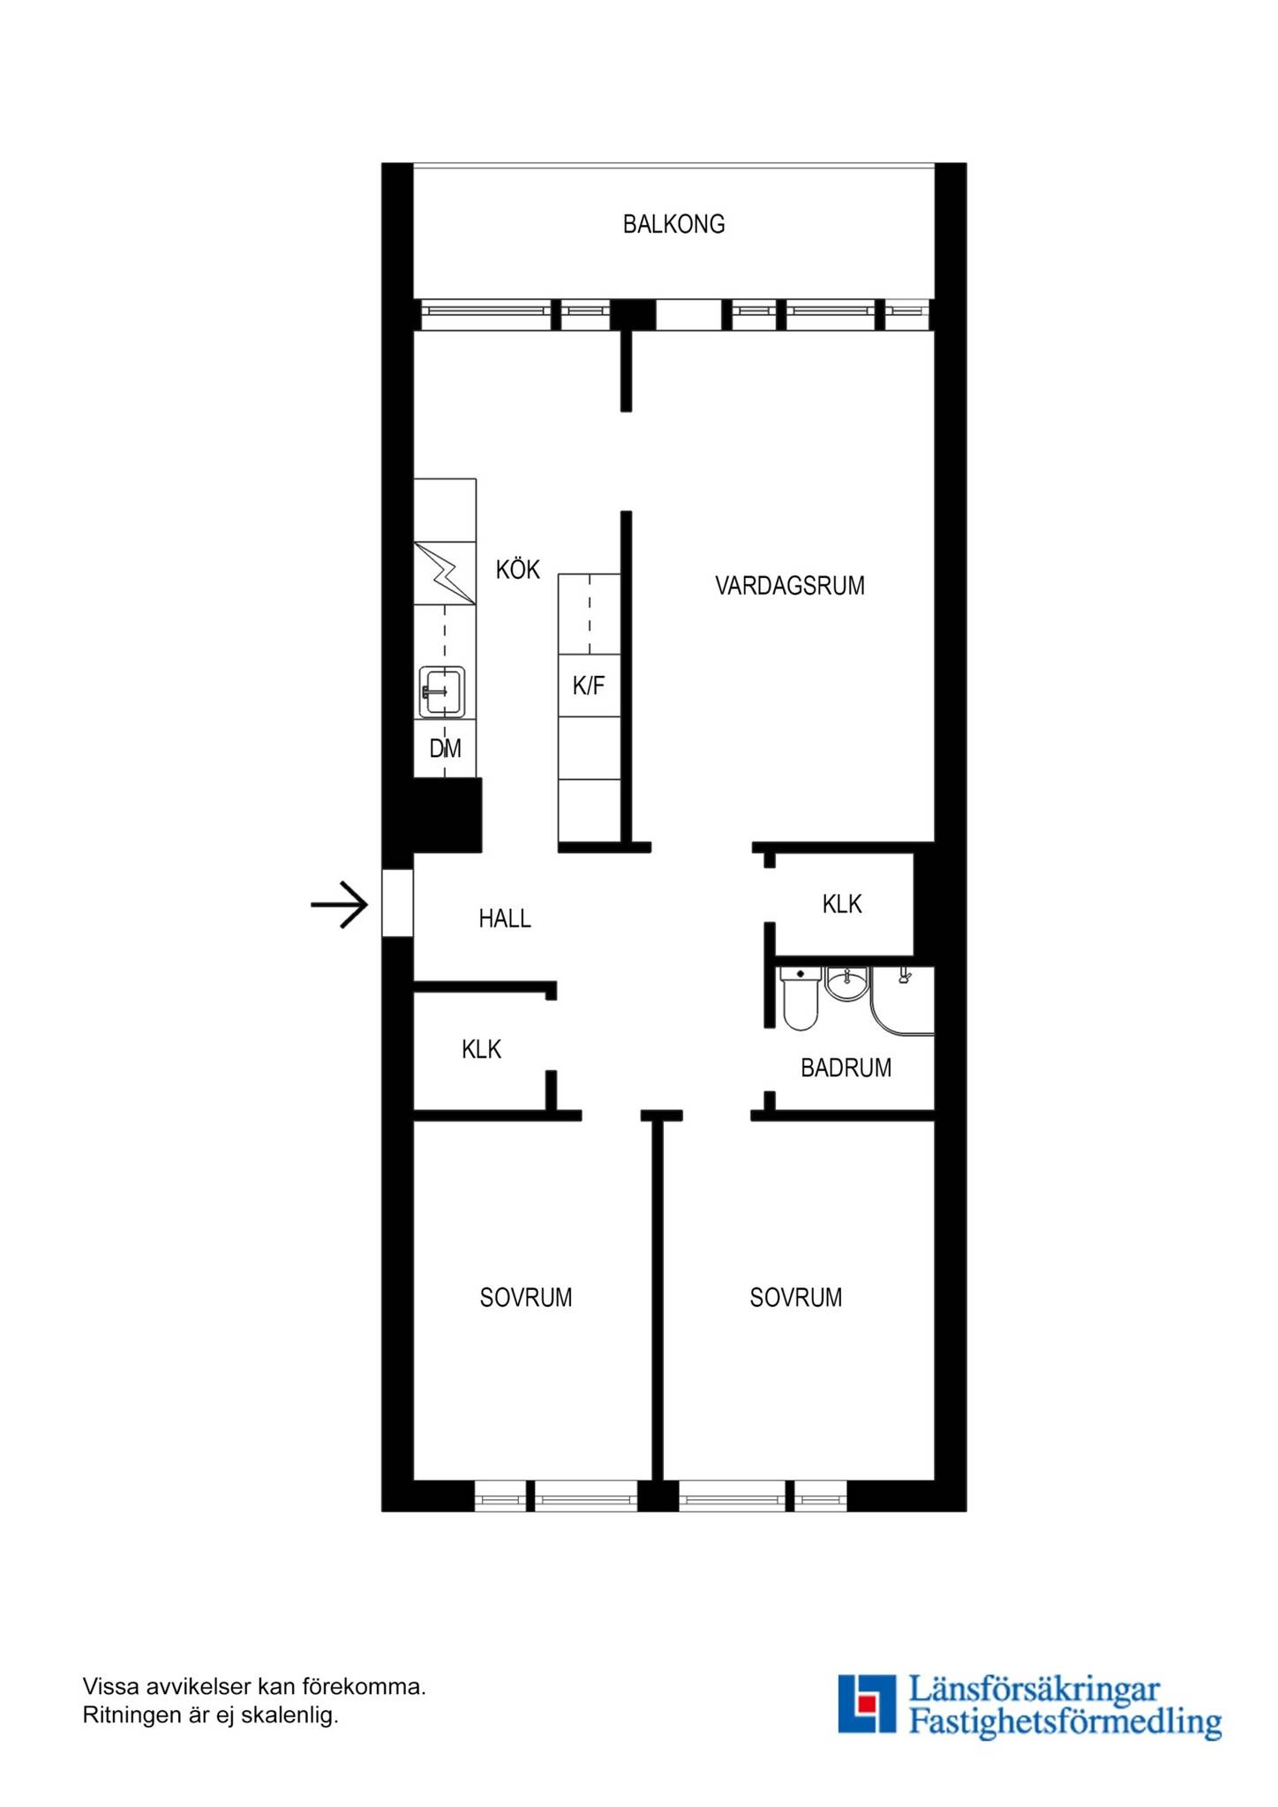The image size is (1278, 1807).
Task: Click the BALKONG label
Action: coord(673,224)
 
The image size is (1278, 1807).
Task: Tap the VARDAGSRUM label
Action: coord(790,586)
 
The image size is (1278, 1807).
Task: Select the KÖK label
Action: coord(517,569)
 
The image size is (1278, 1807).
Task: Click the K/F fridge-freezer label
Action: coord(589,686)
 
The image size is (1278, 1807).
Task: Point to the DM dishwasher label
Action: coord(445,749)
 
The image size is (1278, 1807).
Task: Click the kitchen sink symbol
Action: coord(442,692)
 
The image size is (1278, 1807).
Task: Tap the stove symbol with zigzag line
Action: coord(445,574)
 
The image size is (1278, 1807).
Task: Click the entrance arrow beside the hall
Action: coord(339,904)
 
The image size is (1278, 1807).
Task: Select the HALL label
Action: coord(505,919)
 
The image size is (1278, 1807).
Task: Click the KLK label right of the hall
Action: coord(842,904)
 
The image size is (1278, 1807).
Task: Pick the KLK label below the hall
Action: coord(481,1049)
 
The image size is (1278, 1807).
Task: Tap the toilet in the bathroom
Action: coord(801,998)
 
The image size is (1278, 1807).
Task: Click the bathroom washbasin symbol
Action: coord(846,984)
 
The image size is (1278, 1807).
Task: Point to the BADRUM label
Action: coord(846,1068)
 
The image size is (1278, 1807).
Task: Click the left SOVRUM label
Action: coord(526,1298)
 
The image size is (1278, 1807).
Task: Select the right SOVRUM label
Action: coord(796,1298)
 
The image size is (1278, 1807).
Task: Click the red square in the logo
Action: coord(867,1702)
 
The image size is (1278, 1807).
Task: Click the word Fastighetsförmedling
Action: coord(1065,1721)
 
